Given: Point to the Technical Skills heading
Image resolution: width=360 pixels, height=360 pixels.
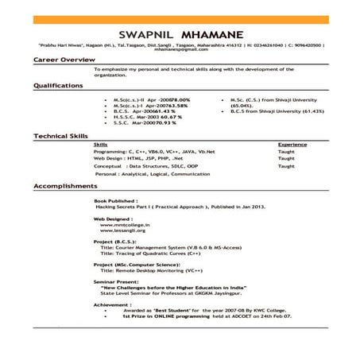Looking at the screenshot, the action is [61, 137].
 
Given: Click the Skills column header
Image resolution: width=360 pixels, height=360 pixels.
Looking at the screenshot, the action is [101, 145].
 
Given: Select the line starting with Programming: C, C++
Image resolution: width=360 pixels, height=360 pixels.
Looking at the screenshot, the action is [145, 152].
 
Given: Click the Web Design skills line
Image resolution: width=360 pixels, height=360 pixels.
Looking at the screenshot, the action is [133, 158].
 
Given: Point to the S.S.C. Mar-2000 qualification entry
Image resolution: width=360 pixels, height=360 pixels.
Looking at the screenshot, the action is [137, 124].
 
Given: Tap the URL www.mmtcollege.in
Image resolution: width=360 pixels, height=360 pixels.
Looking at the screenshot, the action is [121, 225].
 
